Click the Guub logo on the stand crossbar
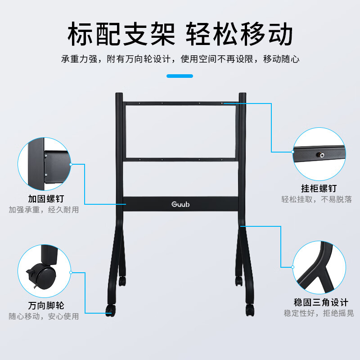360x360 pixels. click(x=180, y=204)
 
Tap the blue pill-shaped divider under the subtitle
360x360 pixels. click(x=180, y=76)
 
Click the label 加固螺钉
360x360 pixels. click(x=46, y=199)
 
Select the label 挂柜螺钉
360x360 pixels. click(x=319, y=189)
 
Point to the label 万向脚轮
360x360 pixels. click(x=46, y=306)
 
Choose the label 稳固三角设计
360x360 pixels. click(x=321, y=302)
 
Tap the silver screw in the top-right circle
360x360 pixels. click(x=321, y=155)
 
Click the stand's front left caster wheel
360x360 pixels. click(x=110, y=310)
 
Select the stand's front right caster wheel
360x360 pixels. click(x=250, y=310)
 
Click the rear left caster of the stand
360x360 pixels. click(x=122, y=281)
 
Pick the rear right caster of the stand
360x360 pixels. click(x=239, y=281)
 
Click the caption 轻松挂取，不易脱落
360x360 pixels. click(x=317, y=199)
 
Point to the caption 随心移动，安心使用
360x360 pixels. click(x=44, y=316)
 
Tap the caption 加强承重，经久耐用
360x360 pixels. click(x=44, y=210)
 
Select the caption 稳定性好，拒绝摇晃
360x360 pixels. click(x=319, y=313)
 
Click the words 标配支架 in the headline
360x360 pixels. click(x=121, y=34)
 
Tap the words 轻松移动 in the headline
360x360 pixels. click(x=239, y=34)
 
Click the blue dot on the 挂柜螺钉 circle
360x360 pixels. click(x=293, y=152)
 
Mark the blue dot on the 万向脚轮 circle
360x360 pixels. click(x=71, y=273)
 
